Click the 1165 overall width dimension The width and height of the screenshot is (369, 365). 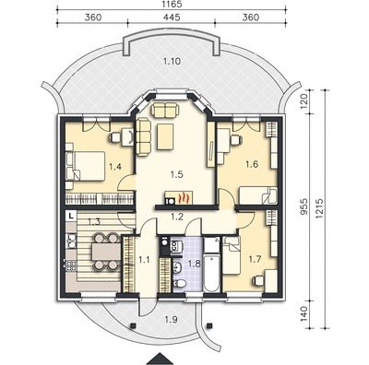(172, 5)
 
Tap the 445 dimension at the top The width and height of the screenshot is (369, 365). (172, 18)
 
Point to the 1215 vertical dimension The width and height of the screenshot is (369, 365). (318, 208)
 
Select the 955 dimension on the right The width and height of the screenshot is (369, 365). (304, 207)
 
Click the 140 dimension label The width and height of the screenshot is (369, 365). (304, 313)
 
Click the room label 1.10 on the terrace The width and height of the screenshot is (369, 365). (172, 62)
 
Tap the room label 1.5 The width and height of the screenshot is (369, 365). (177, 174)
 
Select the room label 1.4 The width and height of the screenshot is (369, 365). (115, 167)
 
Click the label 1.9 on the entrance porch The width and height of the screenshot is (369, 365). (171, 320)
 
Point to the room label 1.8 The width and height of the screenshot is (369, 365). (194, 264)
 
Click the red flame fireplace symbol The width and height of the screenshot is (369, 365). (184, 198)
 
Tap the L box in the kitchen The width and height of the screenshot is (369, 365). (71, 216)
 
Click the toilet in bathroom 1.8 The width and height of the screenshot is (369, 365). (180, 283)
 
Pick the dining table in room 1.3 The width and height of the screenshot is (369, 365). (106, 252)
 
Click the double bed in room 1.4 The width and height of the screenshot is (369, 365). (86, 166)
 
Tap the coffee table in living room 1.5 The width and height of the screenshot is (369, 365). (165, 136)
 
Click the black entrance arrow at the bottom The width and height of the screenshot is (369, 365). (159, 360)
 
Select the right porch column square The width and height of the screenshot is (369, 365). (210, 325)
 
